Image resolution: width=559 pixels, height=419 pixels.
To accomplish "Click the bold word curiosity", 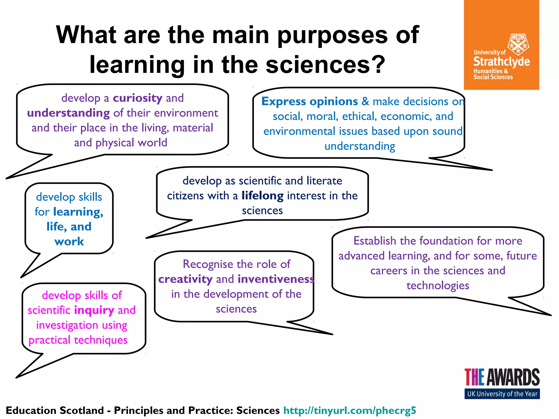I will (x=138, y=98).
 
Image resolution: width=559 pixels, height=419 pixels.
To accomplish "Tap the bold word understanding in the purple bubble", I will (x=69, y=113).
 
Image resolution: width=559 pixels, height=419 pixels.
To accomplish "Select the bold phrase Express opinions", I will (x=310, y=101).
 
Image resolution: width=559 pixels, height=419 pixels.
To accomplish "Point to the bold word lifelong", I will (x=263, y=196).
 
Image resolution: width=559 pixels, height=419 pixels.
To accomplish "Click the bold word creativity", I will (x=185, y=279).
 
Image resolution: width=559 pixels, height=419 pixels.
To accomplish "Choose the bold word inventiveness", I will (x=276, y=279).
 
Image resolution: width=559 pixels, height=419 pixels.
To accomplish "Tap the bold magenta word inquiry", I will (x=94, y=310).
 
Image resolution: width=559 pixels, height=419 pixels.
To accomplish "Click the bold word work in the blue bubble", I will (x=69, y=241).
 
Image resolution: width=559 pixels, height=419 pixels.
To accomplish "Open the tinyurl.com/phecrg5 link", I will (x=350, y=410).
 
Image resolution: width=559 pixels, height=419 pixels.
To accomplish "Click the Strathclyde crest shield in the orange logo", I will (x=518, y=44).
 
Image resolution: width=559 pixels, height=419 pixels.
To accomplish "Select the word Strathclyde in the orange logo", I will (x=501, y=62).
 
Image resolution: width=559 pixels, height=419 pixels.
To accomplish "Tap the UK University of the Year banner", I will (x=502, y=394).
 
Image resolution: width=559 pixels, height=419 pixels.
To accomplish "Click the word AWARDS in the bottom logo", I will (x=513, y=377).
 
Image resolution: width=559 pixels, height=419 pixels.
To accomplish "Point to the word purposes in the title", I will (x=332, y=35).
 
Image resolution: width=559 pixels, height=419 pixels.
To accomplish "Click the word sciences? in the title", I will (x=325, y=65).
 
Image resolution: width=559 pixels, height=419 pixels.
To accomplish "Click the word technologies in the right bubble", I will (x=438, y=286).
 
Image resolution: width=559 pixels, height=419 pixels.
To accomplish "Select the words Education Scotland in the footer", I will (x=55, y=410).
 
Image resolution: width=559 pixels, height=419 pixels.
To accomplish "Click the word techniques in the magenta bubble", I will (x=101, y=340).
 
